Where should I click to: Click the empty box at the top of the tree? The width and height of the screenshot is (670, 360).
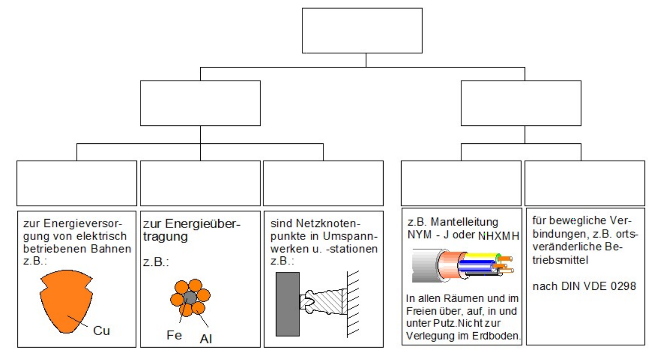[362, 30]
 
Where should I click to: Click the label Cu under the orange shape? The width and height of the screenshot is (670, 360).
[101, 331]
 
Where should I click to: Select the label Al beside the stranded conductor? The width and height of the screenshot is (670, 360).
[206, 339]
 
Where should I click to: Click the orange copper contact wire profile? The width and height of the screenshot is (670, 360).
[67, 305]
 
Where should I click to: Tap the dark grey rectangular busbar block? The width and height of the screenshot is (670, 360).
[287, 304]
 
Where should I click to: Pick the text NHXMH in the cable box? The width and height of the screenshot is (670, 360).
[498, 236]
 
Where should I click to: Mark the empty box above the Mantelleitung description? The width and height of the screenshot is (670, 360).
[461, 183]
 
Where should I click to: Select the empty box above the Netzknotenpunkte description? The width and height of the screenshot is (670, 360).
[323, 183]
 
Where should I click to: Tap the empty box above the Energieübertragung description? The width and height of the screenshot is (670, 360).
[200, 183]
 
